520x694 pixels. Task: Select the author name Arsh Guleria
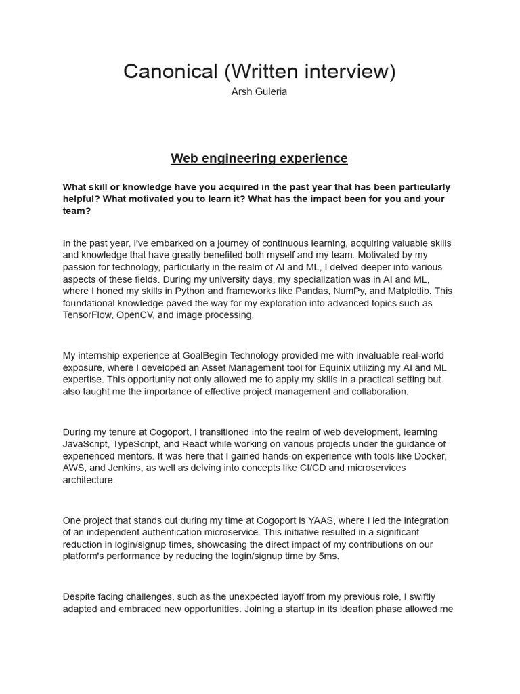click(259, 91)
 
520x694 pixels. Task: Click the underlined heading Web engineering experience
click(259, 159)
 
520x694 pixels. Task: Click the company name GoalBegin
click(204, 356)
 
